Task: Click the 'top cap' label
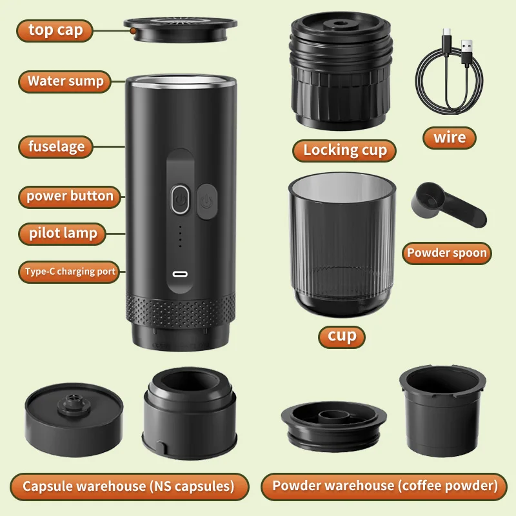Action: [x=55, y=30]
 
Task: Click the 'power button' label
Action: [x=70, y=196]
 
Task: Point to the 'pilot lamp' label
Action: [x=63, y=233]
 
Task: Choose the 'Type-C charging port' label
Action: [x=70, y=272]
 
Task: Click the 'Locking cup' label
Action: [x=345, y=150]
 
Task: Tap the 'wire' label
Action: [x=450, y=137]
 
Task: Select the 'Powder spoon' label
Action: [x=446, y=253]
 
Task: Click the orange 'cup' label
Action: [x=342, y=336]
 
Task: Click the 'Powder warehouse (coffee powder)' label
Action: [x=385, y=486]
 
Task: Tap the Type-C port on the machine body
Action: [x=180, y=274]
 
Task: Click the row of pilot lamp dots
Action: [x=180, y=237]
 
